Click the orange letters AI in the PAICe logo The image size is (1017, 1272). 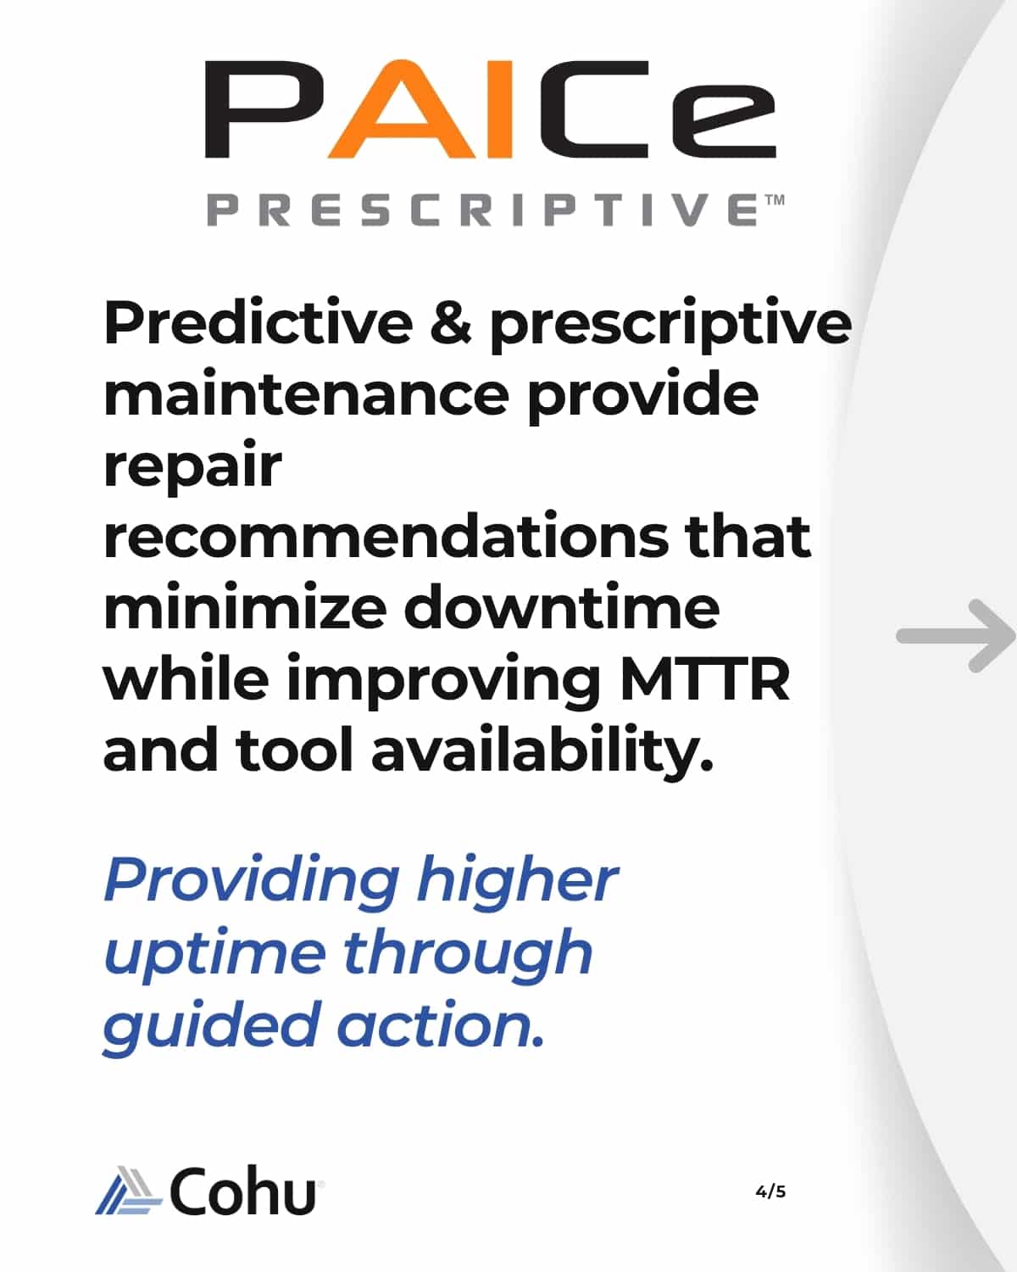click(420, 109)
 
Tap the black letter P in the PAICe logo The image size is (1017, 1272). click(264, 109)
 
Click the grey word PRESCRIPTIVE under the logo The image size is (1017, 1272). click(481, 210)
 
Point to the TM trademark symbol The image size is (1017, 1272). click(775, 200)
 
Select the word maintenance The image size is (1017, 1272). click(306, 394)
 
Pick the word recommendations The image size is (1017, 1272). click(386, 536)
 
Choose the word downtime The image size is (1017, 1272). click(561, 608)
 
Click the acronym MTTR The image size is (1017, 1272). click(705, 680)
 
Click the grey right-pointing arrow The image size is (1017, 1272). click(955, 636)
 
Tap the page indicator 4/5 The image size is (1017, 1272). click(770, 1191)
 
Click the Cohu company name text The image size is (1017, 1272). click(243, 1191)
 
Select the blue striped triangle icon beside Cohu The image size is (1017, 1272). click(129, 1191)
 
